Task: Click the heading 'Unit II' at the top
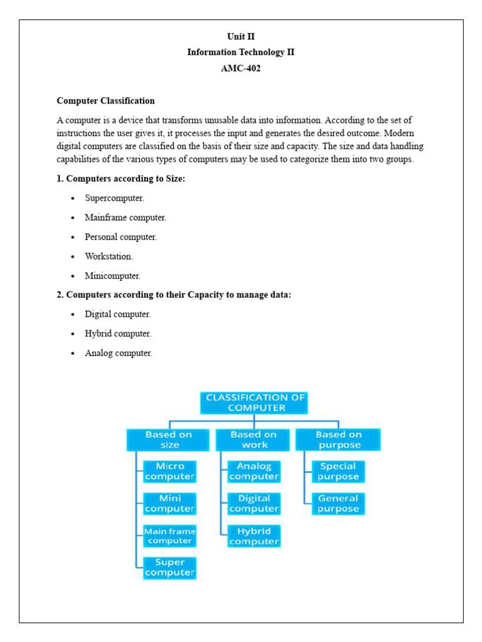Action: coord(241,36)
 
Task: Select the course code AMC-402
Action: coord(241,68)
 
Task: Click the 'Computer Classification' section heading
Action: coord(105,100)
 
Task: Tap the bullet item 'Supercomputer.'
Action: coord(115,198)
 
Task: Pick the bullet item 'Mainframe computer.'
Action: coord(126,218)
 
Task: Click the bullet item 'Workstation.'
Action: coord(109,256)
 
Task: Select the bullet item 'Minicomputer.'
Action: coord(113,276)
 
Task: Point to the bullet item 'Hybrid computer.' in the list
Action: coord(118,334)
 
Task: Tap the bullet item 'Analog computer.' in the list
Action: coord(119,353)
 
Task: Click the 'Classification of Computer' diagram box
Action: coord(254,403)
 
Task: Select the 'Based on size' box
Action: coord(169,439)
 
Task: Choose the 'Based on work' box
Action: coord(254,439)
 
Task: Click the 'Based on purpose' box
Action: coord(339,439)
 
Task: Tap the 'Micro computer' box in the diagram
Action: coord(169,471)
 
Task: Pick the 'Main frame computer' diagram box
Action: coord(169,536)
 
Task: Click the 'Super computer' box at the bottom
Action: coord(169,567)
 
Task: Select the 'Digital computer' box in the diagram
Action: coord(254,503)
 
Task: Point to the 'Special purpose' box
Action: coord(338,471)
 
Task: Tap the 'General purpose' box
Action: coord(338,503)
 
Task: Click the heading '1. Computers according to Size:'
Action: coord(121,179)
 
